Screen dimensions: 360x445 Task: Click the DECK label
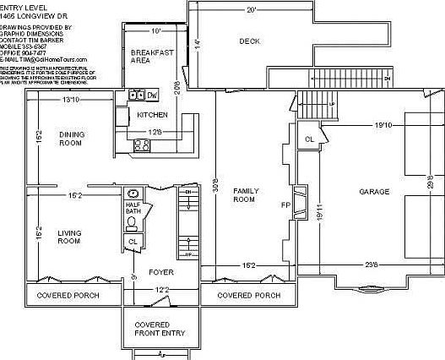point(249,41)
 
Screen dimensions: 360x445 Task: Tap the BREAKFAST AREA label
point(152,56)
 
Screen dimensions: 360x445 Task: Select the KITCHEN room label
point(151,114)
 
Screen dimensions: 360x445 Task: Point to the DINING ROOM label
point(70,139)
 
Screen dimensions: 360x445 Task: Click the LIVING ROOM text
point(68,237)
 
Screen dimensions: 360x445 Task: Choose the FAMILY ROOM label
point(244,195)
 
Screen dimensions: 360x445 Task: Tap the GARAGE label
point(374,192)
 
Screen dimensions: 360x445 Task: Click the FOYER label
point(160,272)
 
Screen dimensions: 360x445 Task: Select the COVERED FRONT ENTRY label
point(159,329)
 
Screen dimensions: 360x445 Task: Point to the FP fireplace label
point(285,205)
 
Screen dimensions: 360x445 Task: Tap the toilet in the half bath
point(131,223)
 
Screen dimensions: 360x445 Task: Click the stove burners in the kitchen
point(142,145)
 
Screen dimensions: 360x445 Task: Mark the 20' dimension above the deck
point(251,10)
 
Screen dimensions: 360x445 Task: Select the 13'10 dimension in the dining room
point(71,101)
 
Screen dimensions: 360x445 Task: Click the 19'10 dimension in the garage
point(383,125)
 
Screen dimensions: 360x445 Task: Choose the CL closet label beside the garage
point(309,138)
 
